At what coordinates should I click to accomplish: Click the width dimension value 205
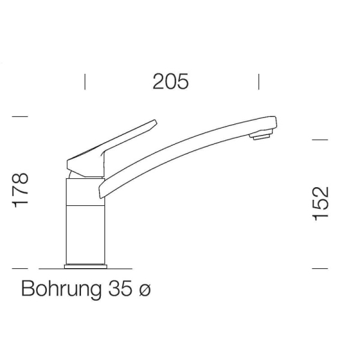170,81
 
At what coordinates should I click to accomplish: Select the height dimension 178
20,190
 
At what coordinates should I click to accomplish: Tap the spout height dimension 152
321,203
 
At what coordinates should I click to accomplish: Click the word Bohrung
61,289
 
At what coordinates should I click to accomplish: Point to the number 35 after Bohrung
121,288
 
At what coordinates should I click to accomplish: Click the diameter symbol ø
145,290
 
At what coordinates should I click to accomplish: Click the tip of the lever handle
155,121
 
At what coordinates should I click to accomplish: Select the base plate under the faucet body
86,266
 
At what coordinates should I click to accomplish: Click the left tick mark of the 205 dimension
85,82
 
